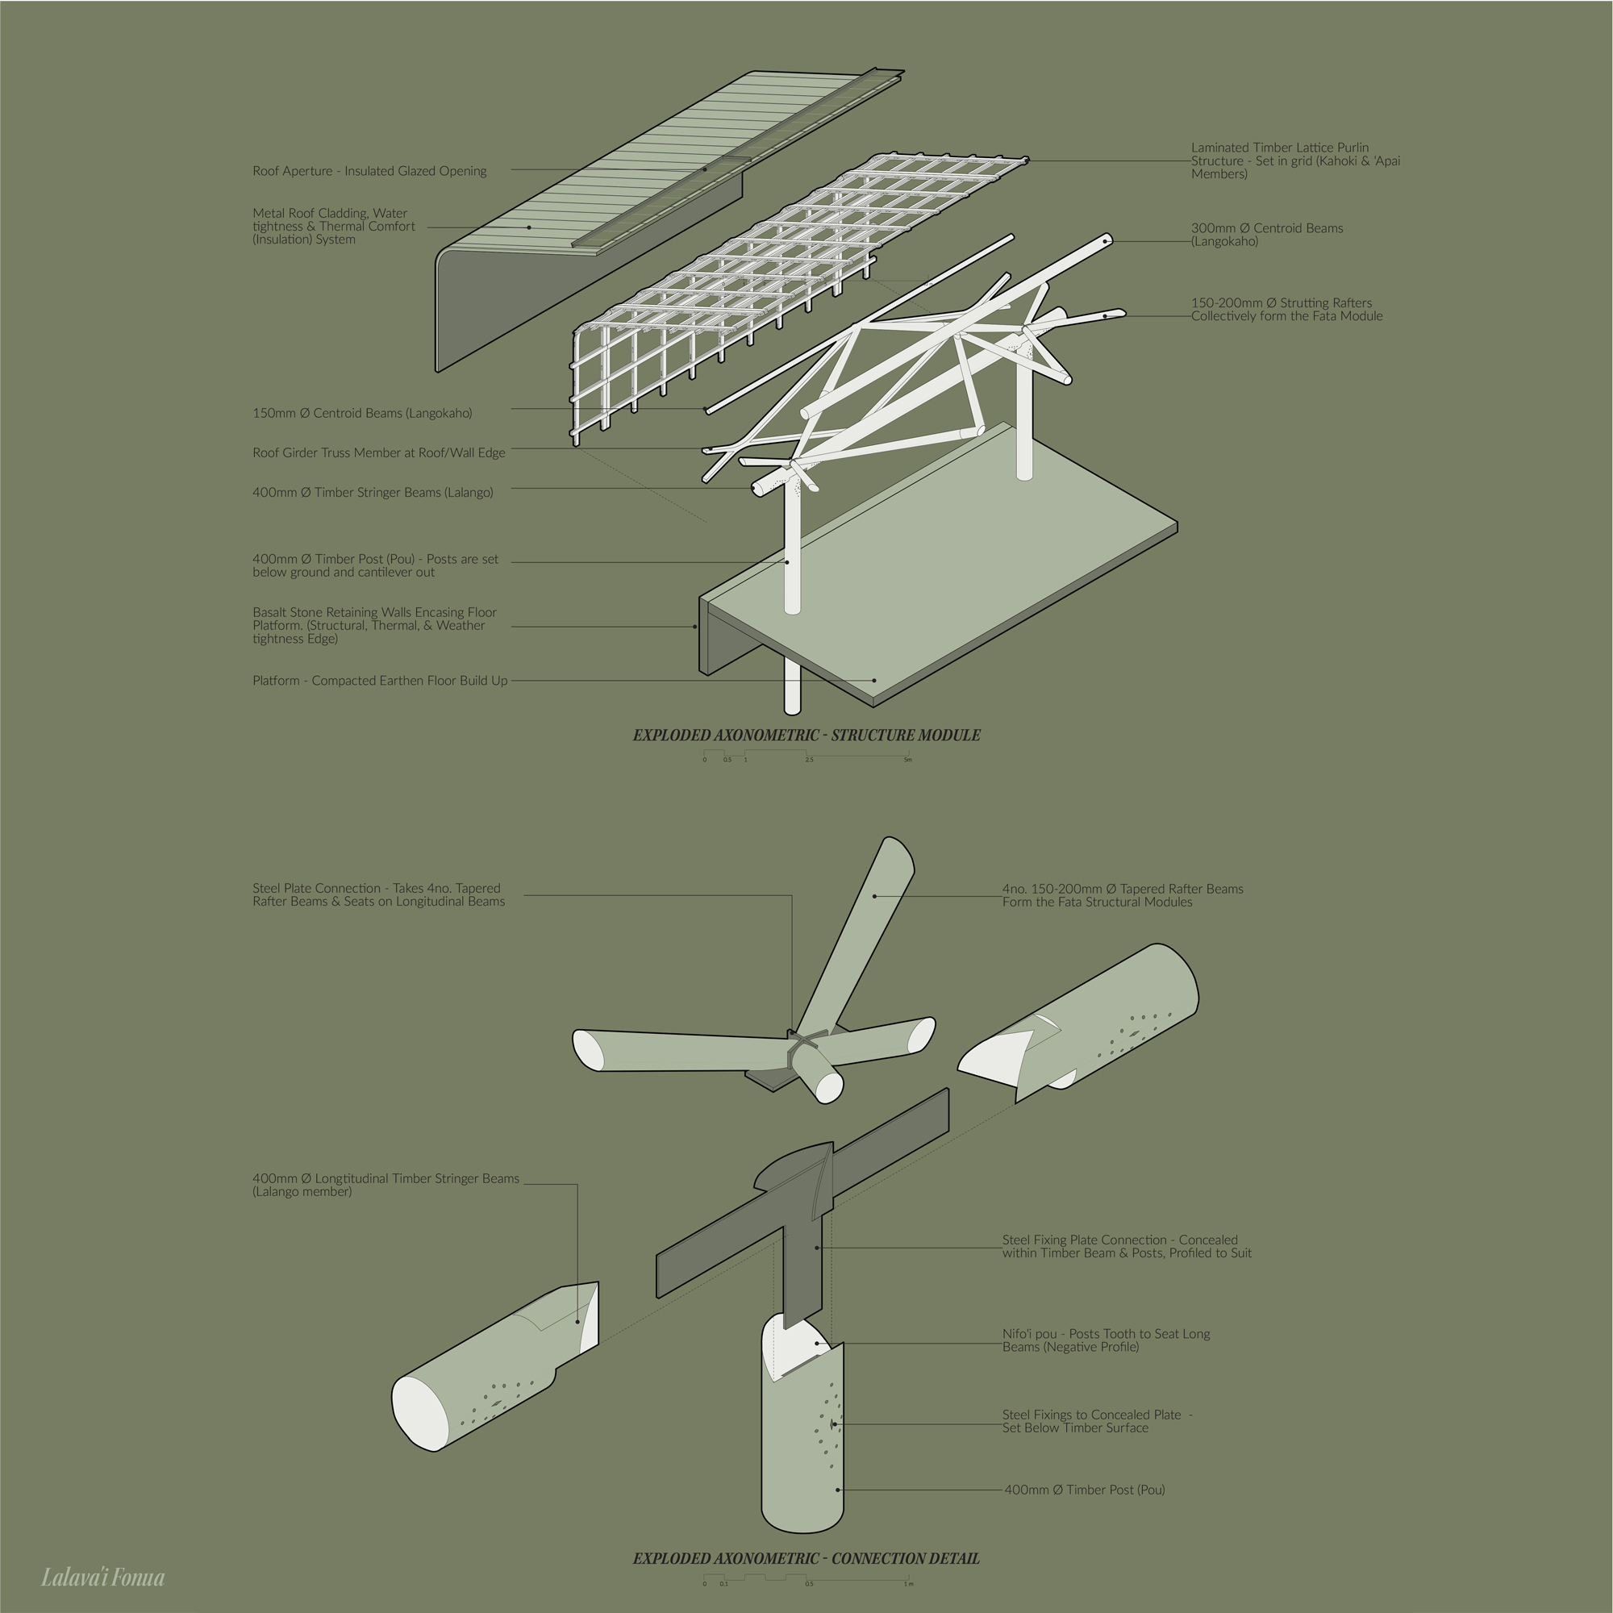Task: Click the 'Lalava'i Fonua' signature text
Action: pyautogui.click(x=102, y=1577)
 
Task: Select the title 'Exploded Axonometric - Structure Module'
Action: pyautogui.click(x=806, y=736)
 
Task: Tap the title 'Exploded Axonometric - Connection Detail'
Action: pyautogui.click(x=806, y=1559)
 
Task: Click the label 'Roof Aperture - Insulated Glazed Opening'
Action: pyautogui.click(x=370, y=171)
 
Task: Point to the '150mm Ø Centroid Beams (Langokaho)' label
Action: pyautogui.click(x=362, y=413)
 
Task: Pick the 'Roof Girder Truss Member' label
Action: pyautogui.click(x=379, y=453)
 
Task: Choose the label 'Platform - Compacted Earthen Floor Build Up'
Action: pyautogui.click(x=380, y=681)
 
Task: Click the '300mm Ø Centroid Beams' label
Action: pyautogui.click(x=1266, y=235)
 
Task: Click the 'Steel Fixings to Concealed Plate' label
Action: pyautogui.click(x=1097, y=1421)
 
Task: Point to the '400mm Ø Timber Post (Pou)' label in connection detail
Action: pyautogui.click(x=1085, y=1490)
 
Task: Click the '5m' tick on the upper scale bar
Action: pyautogui.click(x=907, y=760)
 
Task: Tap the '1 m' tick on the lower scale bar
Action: pyautogui.click(x=908, y=1584)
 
